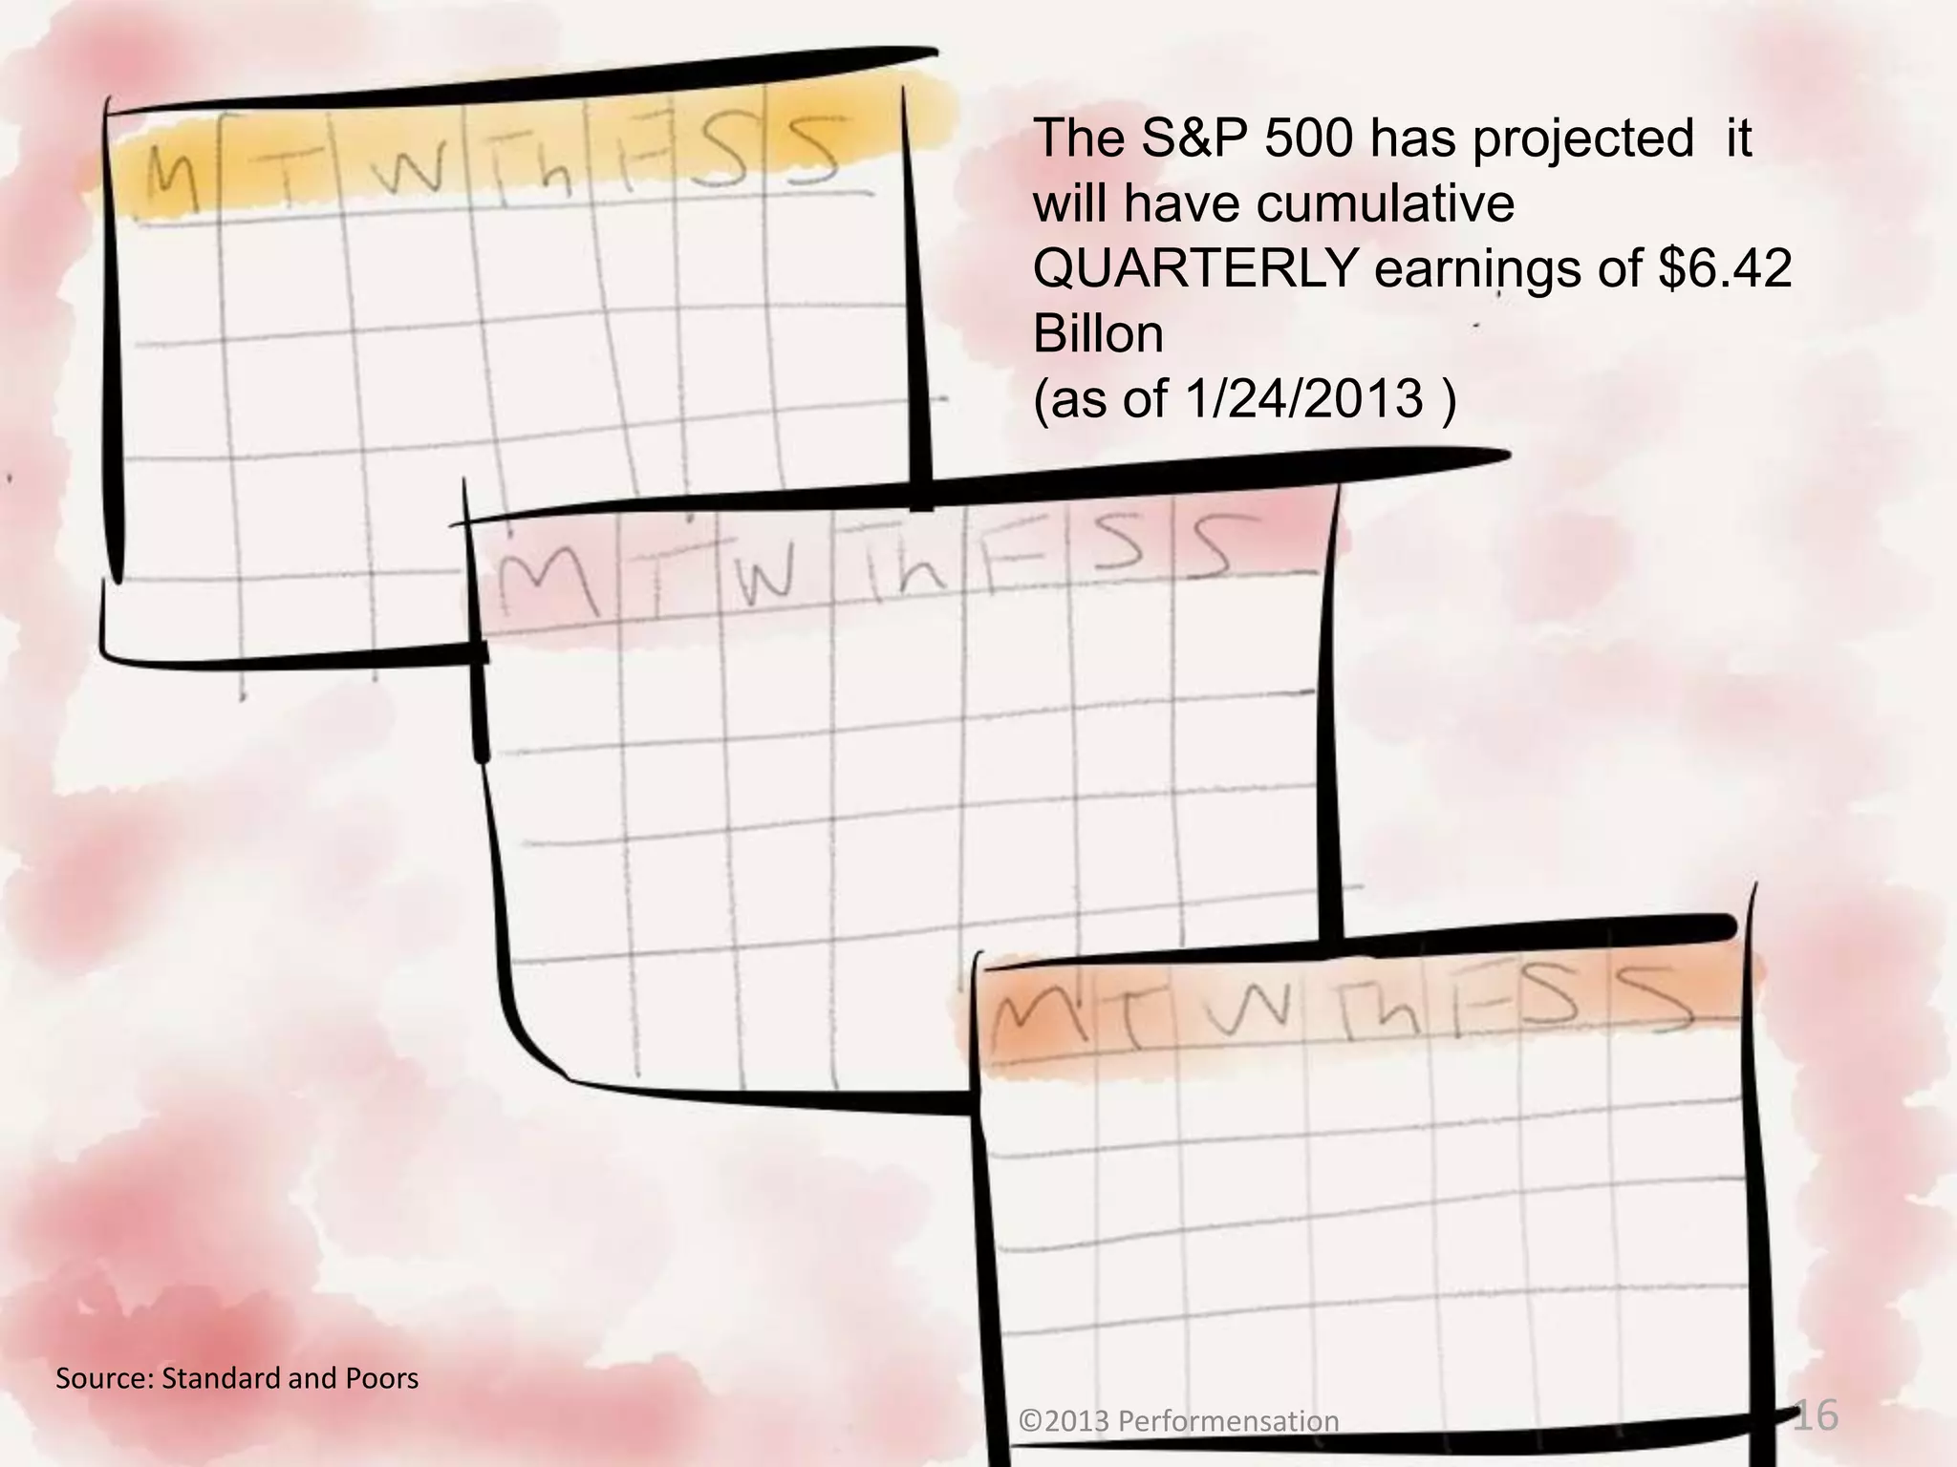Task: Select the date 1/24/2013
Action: coord(1303,398)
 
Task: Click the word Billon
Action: coord(1098,333)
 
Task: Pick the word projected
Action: coord(1581,138)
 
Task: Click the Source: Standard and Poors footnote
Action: coord(237,1378)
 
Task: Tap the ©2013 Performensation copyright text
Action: coord(1179,1421)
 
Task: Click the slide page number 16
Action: coord(1815,1415)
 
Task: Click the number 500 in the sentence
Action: coord(1307,138)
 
